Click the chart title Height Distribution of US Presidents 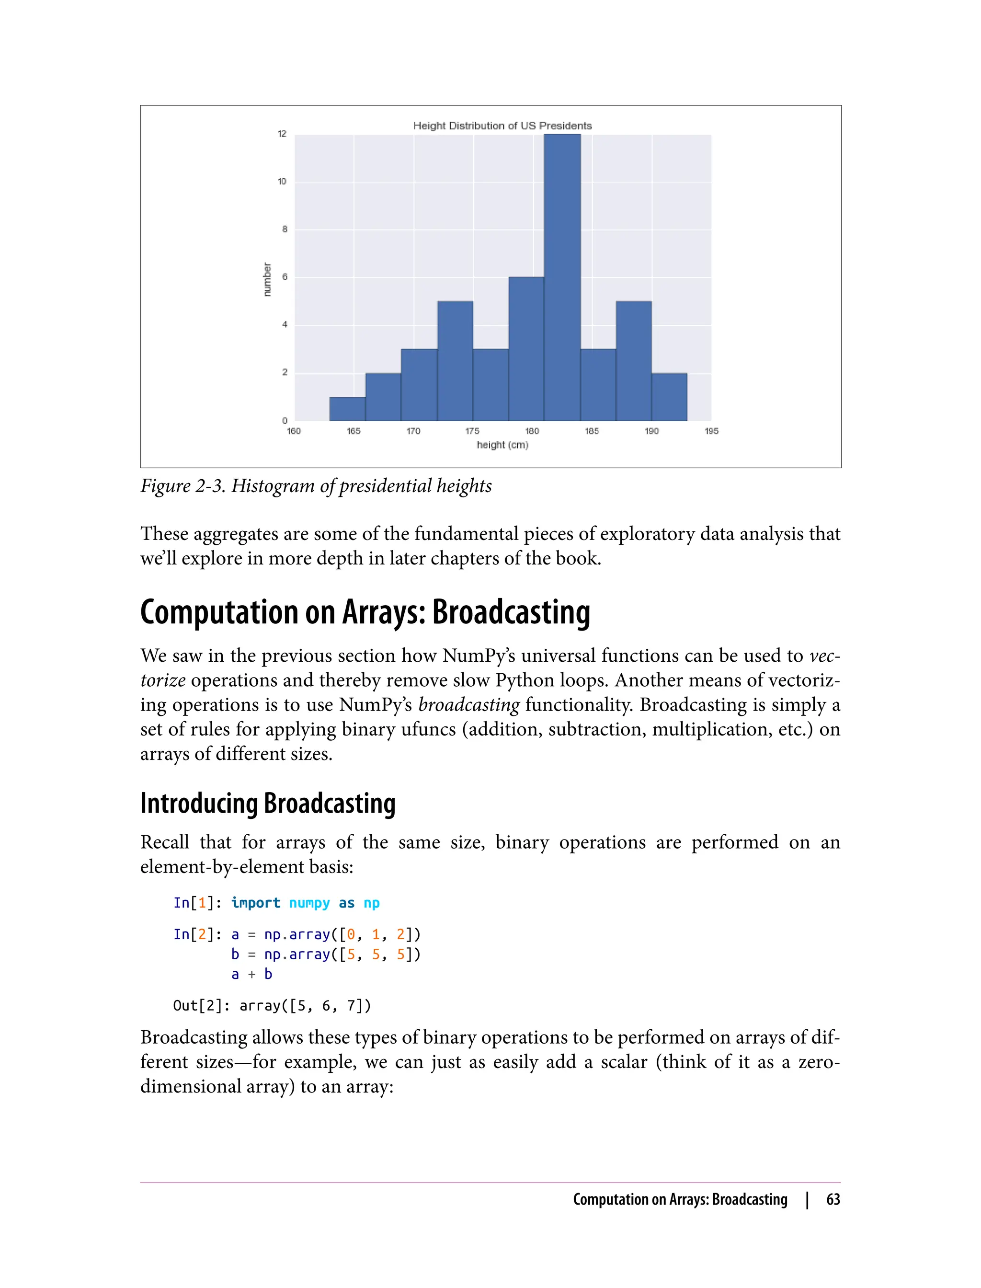point(502,126)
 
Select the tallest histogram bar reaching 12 point(562,277)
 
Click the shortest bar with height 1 point(347,409)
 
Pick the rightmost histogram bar point(669,397)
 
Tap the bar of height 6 point(526,349)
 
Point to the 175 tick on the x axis point(472,431)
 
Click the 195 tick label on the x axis point(711,431)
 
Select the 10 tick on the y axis point(282,182)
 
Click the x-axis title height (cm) point(502,445)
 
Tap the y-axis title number point(267,279)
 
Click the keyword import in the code point(256,903)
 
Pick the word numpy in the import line point(309,903)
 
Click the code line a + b point(251,974)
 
